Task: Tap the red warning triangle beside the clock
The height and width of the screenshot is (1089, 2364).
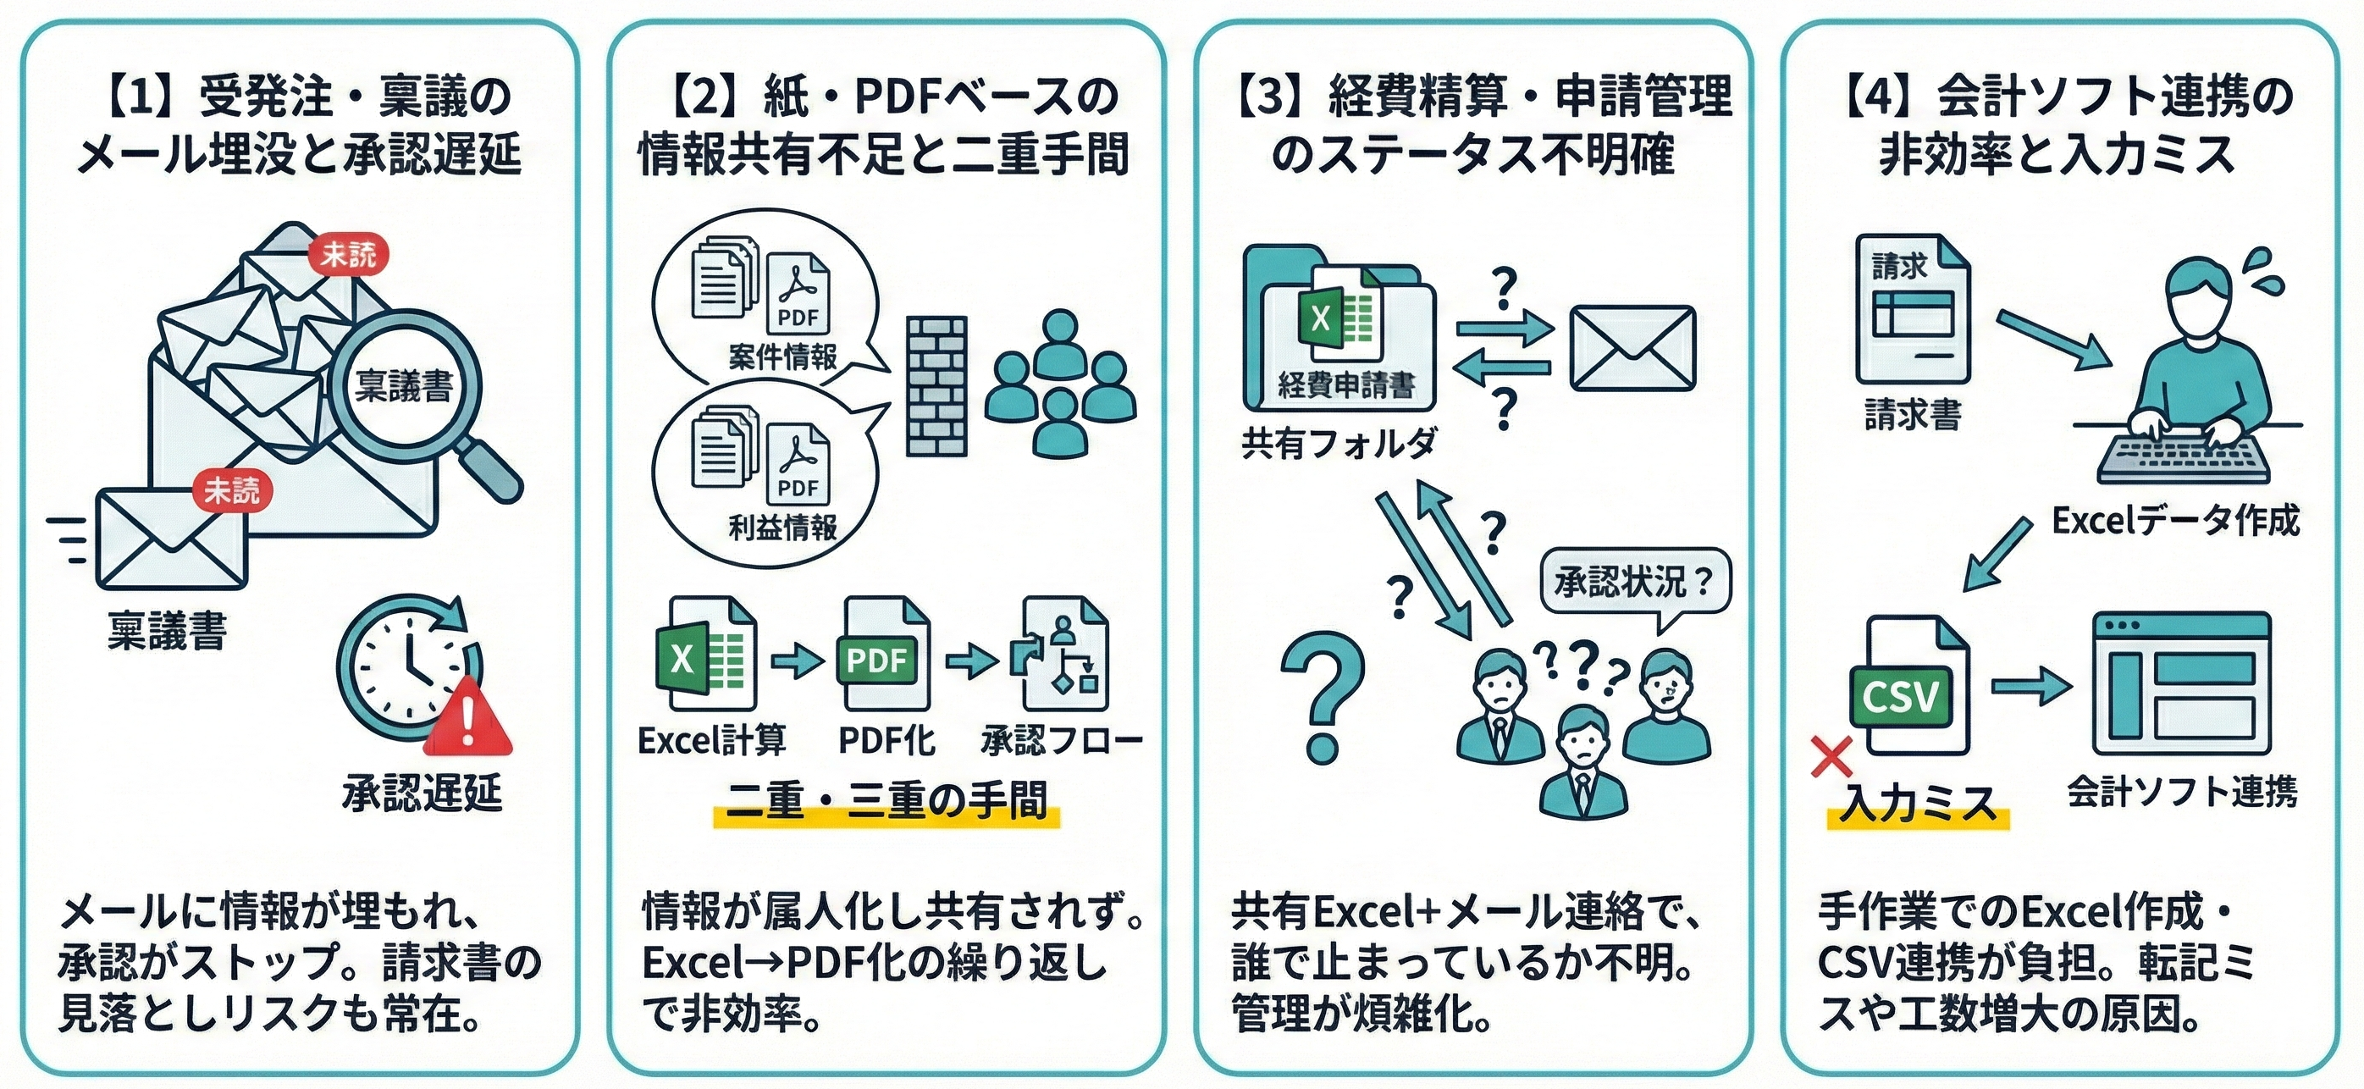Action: [x=467, y=716]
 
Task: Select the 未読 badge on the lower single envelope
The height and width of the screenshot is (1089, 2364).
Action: [x=231, y=491]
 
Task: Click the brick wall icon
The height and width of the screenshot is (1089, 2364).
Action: [x=936, y=386]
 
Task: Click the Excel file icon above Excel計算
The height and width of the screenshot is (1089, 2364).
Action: [x=704, y=654]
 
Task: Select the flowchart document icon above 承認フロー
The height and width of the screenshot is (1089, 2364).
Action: [x=1063, y=654]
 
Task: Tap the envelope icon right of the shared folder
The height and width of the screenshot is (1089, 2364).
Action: [x=1632, y=348]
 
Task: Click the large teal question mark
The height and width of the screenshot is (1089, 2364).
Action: [x=1322, y=697]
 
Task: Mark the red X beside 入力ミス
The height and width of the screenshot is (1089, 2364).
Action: [x=1831, y=758]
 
